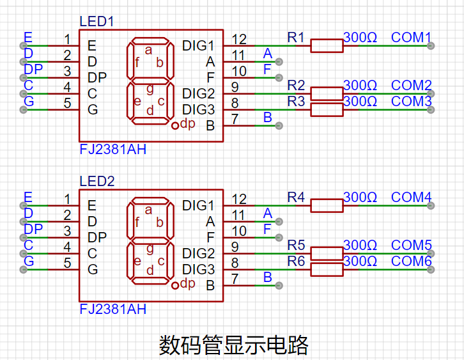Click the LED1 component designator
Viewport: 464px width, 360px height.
click(x=97, y=22)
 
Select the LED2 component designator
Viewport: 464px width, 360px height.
click(x=97, y=181)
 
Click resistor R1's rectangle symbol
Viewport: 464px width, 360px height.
click(x=327, y=46)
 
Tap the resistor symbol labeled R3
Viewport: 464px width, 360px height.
click(x=327, y=110)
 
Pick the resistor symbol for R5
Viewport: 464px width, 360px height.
click(x=327, y=254)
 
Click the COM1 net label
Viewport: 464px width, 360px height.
click(x=411, y=38)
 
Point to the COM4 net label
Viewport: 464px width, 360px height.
click(x=411, y=198)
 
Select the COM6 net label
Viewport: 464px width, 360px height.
click(x=412, y=261)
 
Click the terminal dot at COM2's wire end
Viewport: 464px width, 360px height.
click(x=431, y=94)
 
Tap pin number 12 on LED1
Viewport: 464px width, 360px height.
click(x=239, y=40)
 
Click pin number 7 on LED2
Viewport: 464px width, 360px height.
click(x=235, y=279)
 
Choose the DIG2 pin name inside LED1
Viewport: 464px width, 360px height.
click(x=198, y=94)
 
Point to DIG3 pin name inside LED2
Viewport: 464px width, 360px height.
click(x=198, y=270)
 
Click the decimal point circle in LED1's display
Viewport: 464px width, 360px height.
click(x=175, y=125)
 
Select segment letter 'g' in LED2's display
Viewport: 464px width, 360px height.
click(x=150, y=249)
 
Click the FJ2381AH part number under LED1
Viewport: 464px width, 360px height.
click(x=113, y=149)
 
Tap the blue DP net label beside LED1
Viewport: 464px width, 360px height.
click(x=33, y=69)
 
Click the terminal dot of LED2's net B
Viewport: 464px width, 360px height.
click(x=279, y=286)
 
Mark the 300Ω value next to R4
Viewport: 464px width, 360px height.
click(x=360, y=197)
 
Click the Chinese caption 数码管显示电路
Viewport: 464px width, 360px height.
click(x=234, y=345)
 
